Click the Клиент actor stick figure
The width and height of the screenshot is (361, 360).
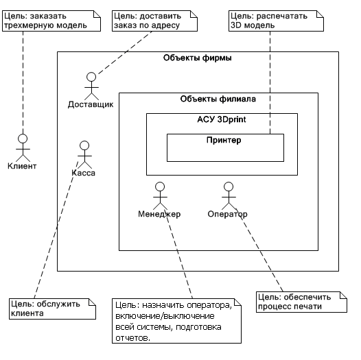tap(23, 148)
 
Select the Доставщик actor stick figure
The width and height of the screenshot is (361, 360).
tap(91, 86)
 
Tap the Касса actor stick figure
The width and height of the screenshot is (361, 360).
tap(84, 155)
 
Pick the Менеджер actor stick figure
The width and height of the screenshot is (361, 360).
tap(160, 196)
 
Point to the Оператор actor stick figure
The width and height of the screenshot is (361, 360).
tap(229, 196)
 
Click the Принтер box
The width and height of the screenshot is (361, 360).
tap(225, 147)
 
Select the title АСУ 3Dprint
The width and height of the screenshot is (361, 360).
tap(222, 119)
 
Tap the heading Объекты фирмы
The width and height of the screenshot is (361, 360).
tap(197, 58)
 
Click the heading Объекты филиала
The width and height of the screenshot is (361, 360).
tap(218, 99)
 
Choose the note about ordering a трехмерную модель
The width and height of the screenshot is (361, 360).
tap(51, 21)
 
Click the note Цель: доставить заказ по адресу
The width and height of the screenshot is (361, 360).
tap(154, 21)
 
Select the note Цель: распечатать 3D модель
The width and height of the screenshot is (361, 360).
tap(276, 21)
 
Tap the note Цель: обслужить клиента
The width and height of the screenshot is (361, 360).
tap(52, 309)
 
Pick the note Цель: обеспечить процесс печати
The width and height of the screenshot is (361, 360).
tap(301, 302)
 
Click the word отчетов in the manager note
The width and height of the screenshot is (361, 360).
tap(132, 338)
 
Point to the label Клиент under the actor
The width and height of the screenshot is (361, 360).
tap(22, 166)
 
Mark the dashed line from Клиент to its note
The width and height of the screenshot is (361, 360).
tap(23, 83)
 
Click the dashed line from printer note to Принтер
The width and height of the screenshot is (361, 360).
tap(270, 82)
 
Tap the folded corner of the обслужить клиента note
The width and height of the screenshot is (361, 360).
tap(93, 302)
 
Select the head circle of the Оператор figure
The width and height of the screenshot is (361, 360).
tap(229, 187)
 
